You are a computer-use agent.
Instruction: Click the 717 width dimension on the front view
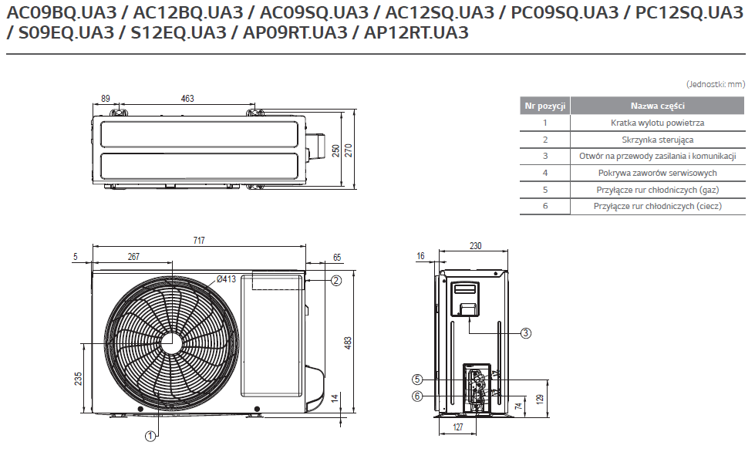199,240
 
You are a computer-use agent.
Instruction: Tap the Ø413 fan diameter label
226,278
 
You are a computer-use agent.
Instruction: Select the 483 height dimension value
348,342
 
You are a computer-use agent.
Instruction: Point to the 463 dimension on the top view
187,98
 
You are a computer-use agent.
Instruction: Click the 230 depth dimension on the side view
475,245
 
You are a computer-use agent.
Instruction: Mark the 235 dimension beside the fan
78,379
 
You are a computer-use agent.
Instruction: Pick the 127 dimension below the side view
458,427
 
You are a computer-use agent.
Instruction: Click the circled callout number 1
150,436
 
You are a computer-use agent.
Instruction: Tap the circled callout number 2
336,280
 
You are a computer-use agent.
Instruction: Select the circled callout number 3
526,332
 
